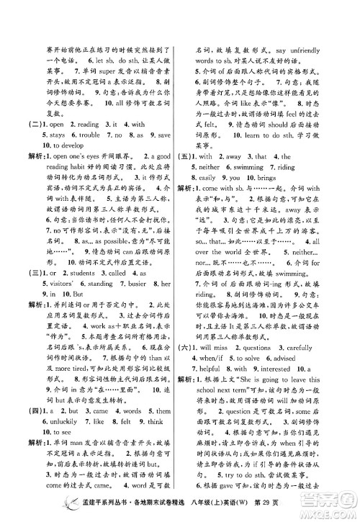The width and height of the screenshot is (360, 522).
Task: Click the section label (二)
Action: point(34,123)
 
